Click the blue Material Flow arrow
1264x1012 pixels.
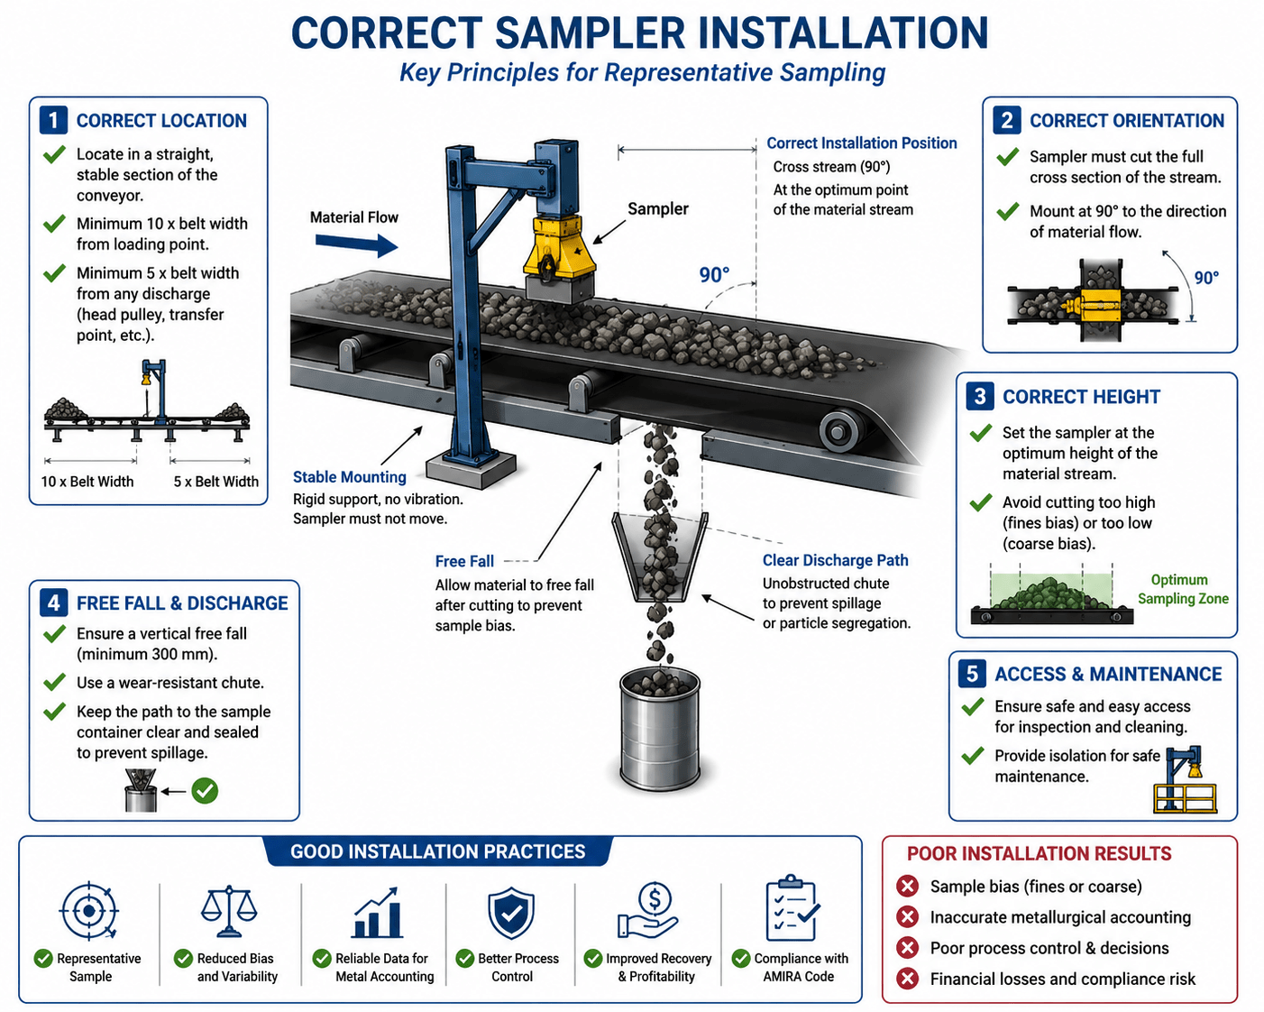click(356, 244)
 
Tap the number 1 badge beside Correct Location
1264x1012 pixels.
click(53, 121)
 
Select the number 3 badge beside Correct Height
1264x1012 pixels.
click(980, 396)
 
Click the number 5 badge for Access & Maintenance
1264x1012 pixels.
click(972, 674)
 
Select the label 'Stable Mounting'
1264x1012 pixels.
click(350, 476)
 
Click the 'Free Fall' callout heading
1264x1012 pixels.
click(464, 561)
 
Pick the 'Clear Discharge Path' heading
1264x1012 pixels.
click(835, 560)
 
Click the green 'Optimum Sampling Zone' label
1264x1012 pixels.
click(1182, 589)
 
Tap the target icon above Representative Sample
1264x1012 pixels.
click(88, 911)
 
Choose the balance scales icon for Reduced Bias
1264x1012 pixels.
click(229, 912)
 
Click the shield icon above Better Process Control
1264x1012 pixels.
click(511, 913)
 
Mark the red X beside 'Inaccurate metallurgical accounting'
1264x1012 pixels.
click(908, 916)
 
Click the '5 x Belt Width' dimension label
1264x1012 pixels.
click(215, 482)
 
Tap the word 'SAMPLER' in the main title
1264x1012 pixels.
click(590, 32)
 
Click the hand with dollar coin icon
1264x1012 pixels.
click(647, 911)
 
